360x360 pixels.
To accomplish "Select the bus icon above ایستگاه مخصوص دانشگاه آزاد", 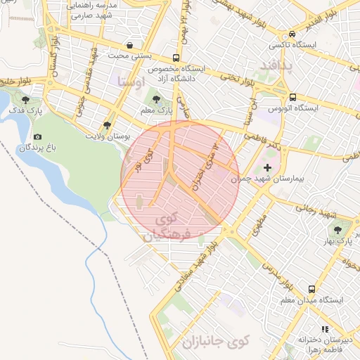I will click(176, 58).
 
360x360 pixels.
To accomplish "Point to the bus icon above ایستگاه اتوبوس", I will click(292, 98).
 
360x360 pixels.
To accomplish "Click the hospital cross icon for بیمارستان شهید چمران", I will click(266, 167).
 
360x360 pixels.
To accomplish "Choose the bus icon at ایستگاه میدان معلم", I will click(311, 289).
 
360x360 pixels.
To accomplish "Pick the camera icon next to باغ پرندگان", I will click(37, 136).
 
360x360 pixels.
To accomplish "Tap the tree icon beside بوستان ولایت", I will click(106, 124).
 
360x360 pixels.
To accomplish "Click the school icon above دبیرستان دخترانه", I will click(324, 328).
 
